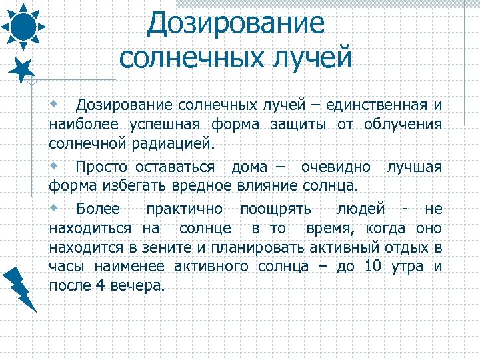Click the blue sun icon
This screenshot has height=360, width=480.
23,26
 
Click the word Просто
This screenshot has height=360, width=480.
103,166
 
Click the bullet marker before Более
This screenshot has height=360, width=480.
55,207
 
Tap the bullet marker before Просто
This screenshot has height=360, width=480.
55,165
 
